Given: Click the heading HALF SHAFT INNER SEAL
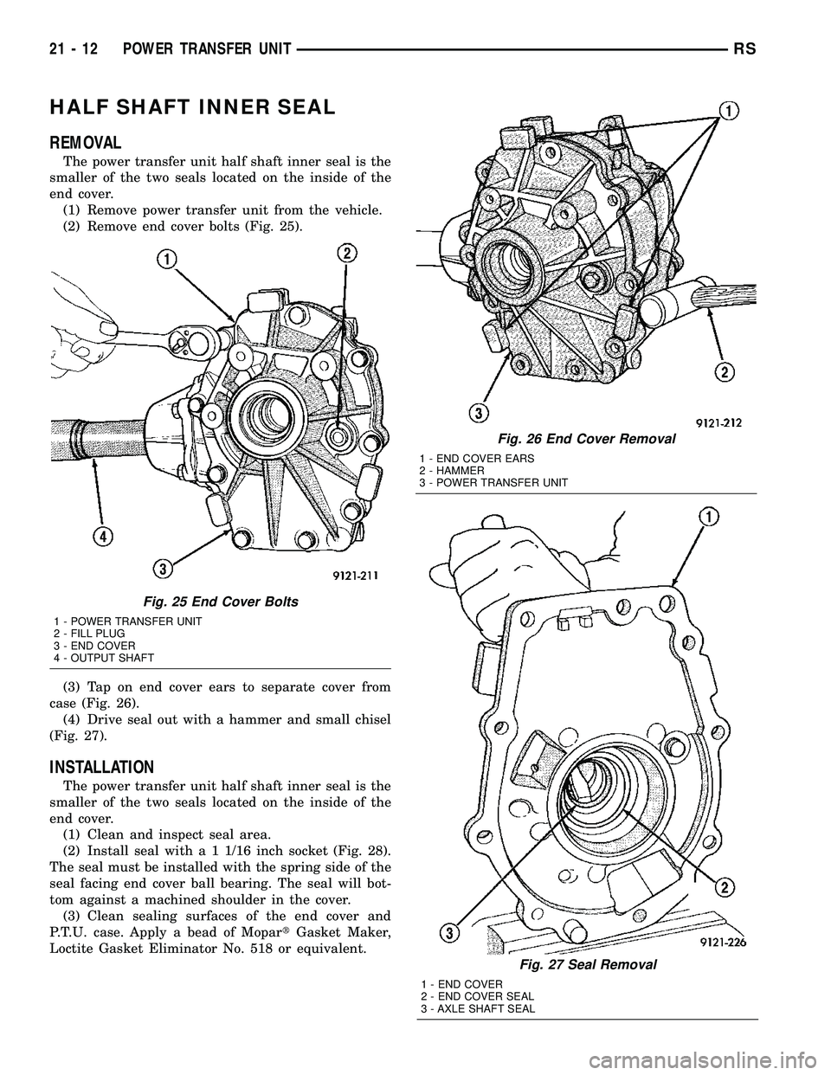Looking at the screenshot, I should [x=193, y=107].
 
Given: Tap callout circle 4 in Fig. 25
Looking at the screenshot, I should [x=105, y=536].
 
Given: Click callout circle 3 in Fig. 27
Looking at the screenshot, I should [x=448, y=931].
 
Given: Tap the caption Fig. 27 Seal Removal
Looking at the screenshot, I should [x=584, y=963].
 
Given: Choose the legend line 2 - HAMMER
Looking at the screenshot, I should [x=450, y=470].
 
